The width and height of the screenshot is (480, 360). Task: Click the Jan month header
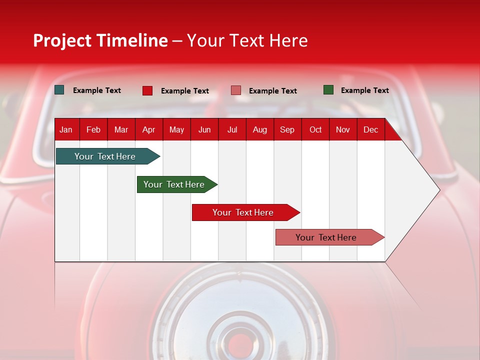click(66, 130)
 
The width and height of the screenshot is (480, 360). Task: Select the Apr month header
click(148, 130)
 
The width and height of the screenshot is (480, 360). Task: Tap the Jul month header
click(232, 130)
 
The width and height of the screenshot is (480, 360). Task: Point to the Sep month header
click(287, 130)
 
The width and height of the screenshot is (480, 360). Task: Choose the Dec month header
click(370, 130)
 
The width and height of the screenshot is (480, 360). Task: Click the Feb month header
click(93, 130)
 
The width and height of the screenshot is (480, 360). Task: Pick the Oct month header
click(315, 130)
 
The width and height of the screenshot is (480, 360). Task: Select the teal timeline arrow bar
click(105, 156)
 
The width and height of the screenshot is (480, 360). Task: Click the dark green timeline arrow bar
click(174, 184)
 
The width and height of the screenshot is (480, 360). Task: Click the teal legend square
click(59, 90)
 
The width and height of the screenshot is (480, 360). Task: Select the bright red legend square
click(147, 90)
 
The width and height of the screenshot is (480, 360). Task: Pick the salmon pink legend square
click(236, 90)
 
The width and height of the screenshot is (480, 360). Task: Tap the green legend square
click(328, 90)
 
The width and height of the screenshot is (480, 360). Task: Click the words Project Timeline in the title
click(100, 40)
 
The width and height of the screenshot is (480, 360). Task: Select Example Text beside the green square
click(364, 90)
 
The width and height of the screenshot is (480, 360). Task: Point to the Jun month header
click(204, 130)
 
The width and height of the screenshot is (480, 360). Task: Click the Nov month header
click(343, 130)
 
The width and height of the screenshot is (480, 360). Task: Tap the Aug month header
click(260, 130)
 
